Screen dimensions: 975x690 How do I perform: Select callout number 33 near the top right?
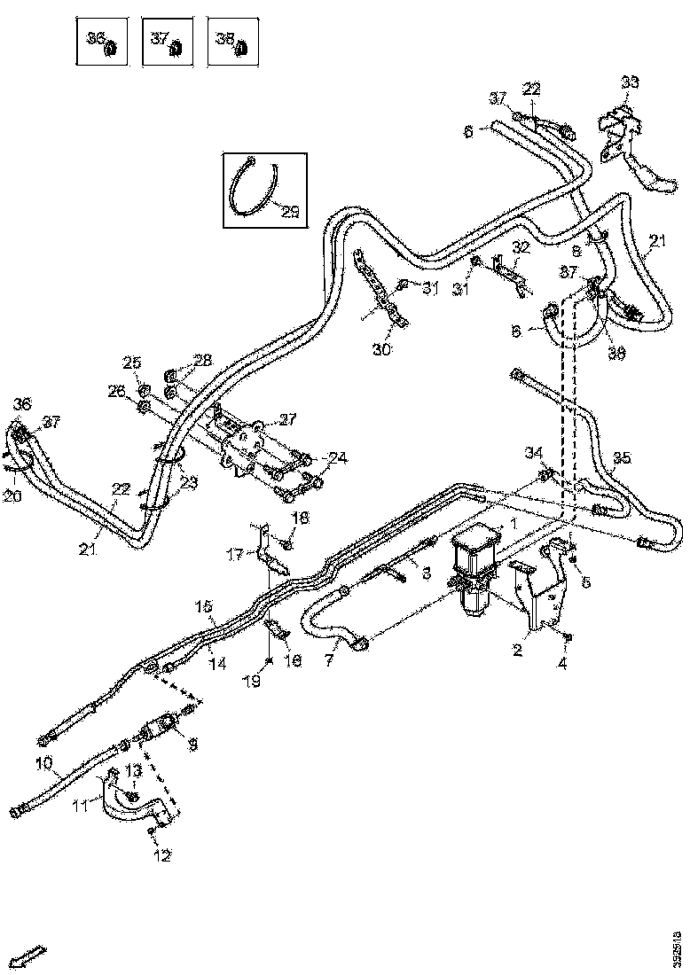pyautogui.click(x=630, y=82)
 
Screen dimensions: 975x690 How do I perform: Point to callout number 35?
pyautogui.click(x=623, y=457)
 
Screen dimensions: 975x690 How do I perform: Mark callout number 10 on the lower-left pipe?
pyautogui.click(x=44, y=762)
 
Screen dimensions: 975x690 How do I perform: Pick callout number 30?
pyautogui.click(x=382, y=350)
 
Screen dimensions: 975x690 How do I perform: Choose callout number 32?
pyautogui.click(x=521, y=246)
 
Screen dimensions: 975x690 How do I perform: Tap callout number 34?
pyautogui.click(x=533, y=453)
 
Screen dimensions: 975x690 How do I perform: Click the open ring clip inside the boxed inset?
pyautogui.click(x=252, y=188)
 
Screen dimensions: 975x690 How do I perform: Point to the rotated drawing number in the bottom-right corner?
pyautogui.click(x=678, y=947)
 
